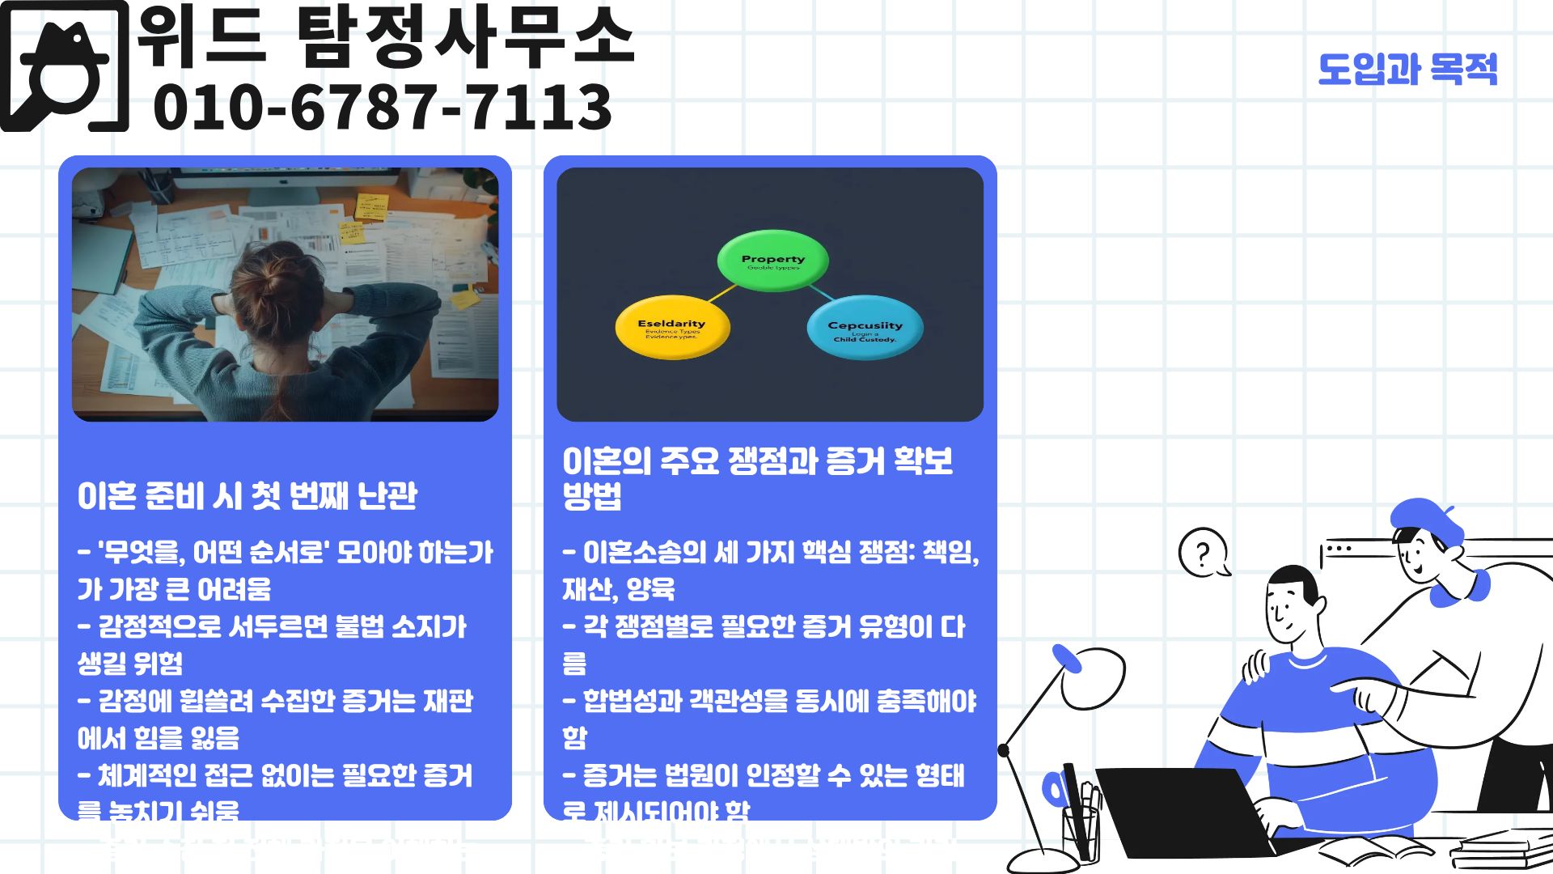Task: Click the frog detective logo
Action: (x=65, y=66)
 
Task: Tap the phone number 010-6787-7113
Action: (x=382, y=108)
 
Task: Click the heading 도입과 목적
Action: (x=1407, y=70)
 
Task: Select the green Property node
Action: (x=772, y=261)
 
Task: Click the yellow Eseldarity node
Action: (x=672, y=329)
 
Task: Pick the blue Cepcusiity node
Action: (x=865, y=329)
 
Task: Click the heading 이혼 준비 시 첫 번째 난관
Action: (x=248, y=496)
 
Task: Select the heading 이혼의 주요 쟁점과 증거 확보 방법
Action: (x=757, y=477)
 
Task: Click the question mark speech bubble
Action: (x=1203, y=554)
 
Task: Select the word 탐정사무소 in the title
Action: (x=466, y=36)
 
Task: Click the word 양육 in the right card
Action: (x=650, y=589)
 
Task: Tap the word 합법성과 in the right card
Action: (x=633, y=701)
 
